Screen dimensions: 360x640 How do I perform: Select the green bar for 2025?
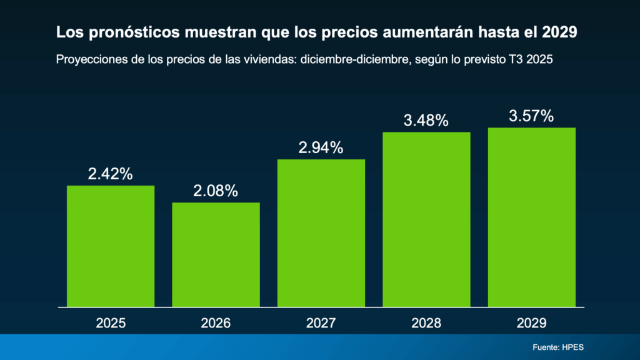(111, 246)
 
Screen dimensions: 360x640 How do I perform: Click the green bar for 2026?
(216, 255)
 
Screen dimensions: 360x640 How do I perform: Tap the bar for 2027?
(321, 233)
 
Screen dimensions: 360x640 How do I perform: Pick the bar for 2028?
(426, 219)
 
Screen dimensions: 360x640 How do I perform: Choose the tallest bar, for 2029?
(531, 217)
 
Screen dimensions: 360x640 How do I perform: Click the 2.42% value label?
(110, 174)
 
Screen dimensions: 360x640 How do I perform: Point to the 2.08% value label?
(216, 191)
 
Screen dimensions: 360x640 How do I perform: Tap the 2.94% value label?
(321, 147)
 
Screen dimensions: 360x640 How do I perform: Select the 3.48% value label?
(426, 121)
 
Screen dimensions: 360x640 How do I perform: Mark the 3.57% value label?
(531, 116)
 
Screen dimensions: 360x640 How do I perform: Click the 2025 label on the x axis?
(111, 323)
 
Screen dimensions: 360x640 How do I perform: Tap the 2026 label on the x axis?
(216, 323)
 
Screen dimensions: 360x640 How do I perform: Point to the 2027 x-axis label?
(321, 323)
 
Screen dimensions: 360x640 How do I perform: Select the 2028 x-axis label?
(426, 323)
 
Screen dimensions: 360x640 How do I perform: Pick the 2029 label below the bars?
(531, 323)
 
